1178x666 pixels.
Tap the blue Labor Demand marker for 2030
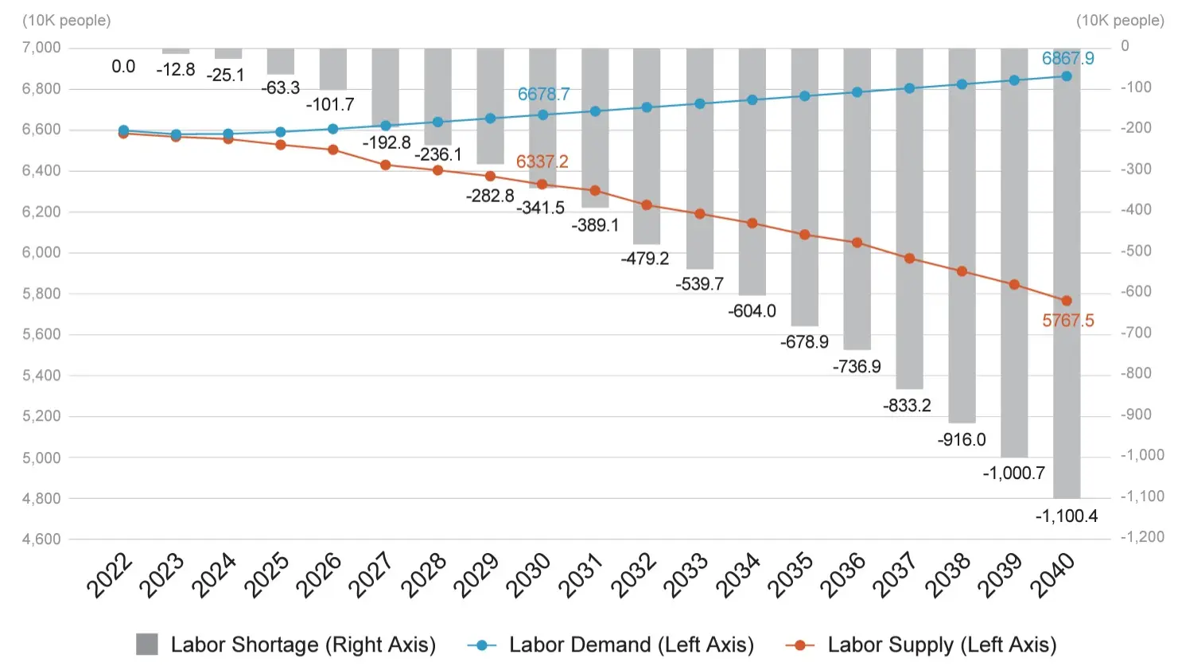coord(543,115)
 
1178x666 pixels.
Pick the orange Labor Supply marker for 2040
coord(1067,301)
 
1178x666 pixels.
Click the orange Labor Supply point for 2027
coord(386,165)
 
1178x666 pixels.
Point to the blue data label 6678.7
coord(543,94)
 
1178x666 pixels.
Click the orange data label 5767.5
coord(1067,321)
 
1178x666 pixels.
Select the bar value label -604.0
coord(752,311)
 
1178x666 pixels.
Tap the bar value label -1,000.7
coord(1013,473)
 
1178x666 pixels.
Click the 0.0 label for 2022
coord(123,67)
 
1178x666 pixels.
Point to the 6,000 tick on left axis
coord(41,252)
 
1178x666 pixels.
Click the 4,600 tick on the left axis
coord(41,539)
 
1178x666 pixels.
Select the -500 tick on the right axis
coord(1136,251)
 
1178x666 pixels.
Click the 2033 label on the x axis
coord(686,575)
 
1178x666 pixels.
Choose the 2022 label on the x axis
coord(109,575)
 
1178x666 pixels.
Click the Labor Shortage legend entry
coord(286,645)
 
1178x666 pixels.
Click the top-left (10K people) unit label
coord(66,21)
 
